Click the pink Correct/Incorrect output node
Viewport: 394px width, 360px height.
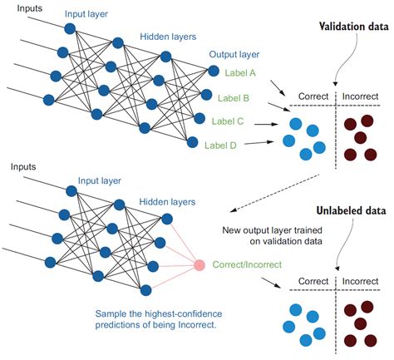tap(199, 265)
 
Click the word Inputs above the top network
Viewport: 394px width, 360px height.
tap(20, 7)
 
